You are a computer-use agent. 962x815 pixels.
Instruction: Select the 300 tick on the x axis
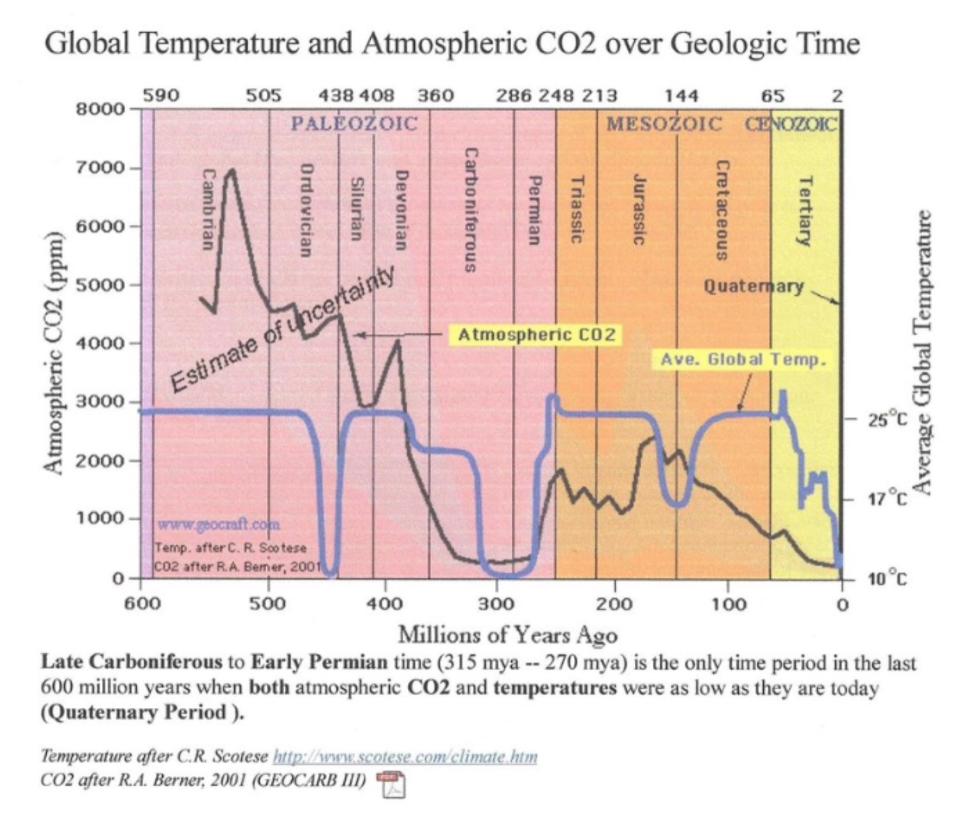coord(497,604)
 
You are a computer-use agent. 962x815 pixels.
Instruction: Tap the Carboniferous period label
coord(470,210)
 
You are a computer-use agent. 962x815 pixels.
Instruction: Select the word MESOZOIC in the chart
coord(664,123)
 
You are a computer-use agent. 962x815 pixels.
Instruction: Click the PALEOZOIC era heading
coord(354,123)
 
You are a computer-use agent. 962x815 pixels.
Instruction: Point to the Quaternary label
coord(754,286)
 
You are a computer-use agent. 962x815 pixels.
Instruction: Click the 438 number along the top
coord(336,96)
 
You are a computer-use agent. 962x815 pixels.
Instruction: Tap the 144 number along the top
coord(681,96)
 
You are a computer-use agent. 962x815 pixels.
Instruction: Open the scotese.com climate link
coord(405,757)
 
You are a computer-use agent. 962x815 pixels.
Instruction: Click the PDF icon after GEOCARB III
coord(391,785)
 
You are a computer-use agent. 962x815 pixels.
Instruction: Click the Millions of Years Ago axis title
coord(508,635)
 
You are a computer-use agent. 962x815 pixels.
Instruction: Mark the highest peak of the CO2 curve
coord(232,170)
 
